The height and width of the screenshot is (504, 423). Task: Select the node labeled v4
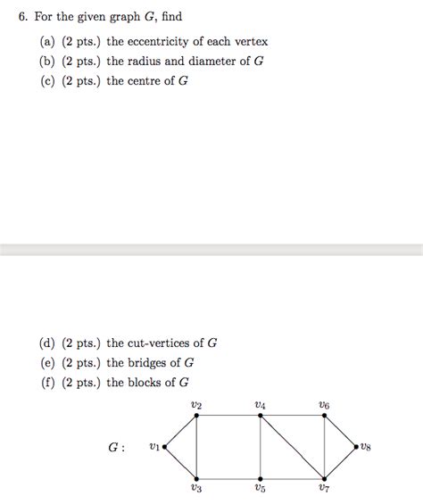tap(260, 416)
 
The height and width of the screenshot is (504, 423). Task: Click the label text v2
tap(196, 405)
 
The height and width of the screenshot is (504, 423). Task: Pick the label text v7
tap(324, 489)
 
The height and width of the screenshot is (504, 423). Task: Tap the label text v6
tap(324, 405)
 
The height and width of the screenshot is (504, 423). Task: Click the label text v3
tap(196, 489)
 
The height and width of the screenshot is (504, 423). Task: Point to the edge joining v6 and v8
tap(341, 431)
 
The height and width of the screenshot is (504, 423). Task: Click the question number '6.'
tap(22, 17)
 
